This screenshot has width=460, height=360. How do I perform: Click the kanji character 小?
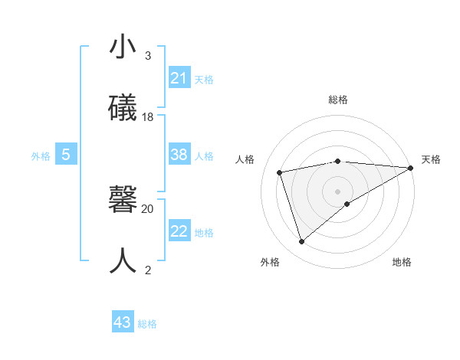pyautogui.click(x=123, y=47)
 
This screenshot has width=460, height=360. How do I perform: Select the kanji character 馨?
pyautogui.click(x=123, y=200)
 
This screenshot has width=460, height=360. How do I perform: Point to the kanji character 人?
pyautogui.click(x=123, y=260)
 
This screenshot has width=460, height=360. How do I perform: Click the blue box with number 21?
pyautogui.click(x=179, y=78)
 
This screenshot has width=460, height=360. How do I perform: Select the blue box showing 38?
pyautogui.click(x=179, y=155)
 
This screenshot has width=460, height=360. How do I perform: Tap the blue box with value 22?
pyautogui.click(x=179, y=231)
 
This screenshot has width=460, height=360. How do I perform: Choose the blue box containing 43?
pyautogui.click(x=123, y=322)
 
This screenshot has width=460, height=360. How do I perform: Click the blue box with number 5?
pyautogui.click(x=66, y=155)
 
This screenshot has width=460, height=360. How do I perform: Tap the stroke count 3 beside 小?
pyautogui.click(x=148, y=56)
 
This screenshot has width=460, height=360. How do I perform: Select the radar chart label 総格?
pyautogui.click(x=338, y=100)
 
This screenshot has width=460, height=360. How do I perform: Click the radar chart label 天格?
pyautogui.click(x=431, y=159)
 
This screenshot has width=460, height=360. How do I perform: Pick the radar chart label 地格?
pyautogui.click(x=402, y=262)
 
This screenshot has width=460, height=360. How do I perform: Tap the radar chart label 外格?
pyautogui.click(x=270, y=262)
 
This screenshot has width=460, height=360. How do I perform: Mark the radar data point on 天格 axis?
pyautogui.click(x=411, y=167)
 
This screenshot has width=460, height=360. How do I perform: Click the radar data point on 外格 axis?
pyautogui.click(x=301, y=242)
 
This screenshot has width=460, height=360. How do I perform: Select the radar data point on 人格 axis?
pyautogui.click(x=280, y=172)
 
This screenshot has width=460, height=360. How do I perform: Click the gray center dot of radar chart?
pyautogui.click(x=338, y=191)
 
